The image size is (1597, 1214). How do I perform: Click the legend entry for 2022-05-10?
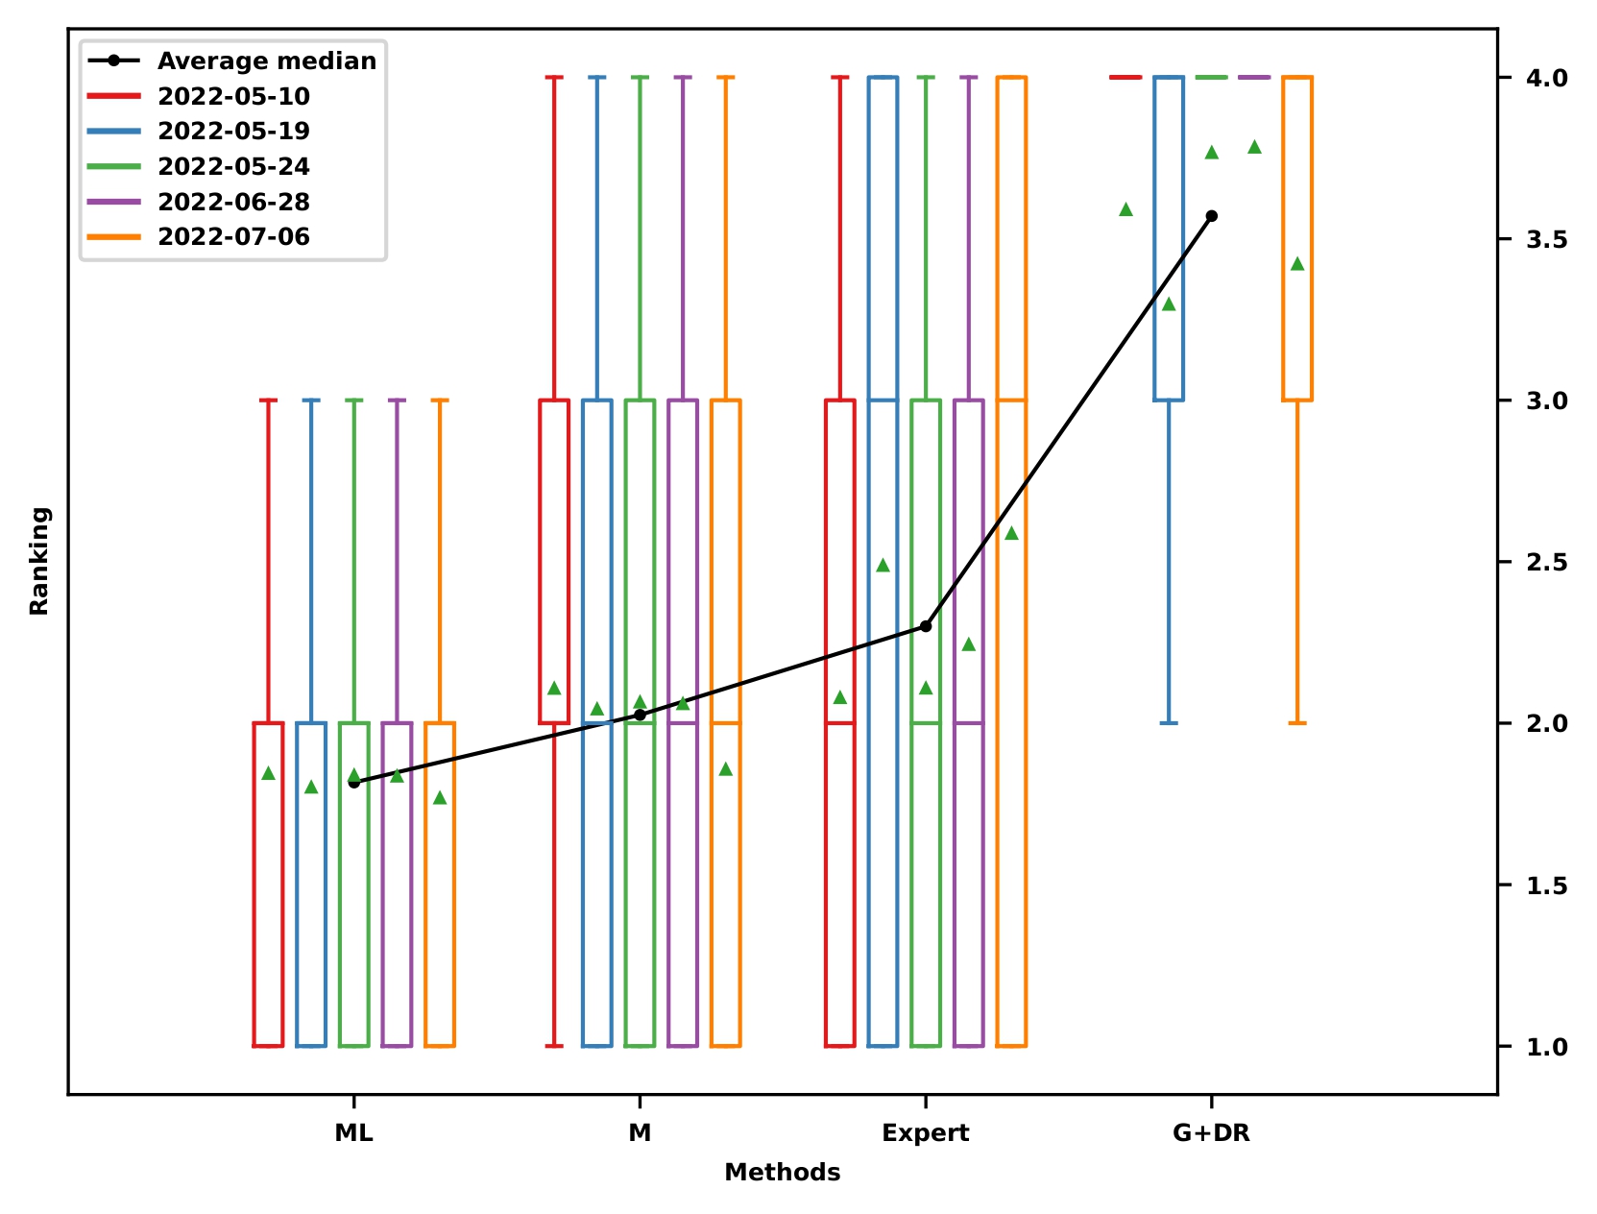coord(233,96)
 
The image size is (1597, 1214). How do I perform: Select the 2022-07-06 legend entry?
coord(233,237)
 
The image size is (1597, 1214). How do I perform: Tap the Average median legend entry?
coord(266,61)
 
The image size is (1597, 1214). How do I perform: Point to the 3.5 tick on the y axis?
coord(1546,239)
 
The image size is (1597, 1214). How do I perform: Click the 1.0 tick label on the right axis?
coord(1546,1046)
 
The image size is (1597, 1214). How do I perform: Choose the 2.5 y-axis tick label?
coord(1546,562)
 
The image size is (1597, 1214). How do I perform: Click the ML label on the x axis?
coord(353,1133)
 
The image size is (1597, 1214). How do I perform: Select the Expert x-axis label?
coord(925,1133)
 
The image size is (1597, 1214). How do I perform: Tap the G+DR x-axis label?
coord(1211,1133)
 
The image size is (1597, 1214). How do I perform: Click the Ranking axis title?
coord(39,561)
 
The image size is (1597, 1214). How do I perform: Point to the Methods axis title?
coord(782,1173)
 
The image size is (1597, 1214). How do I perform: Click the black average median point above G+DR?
coord(1211,216)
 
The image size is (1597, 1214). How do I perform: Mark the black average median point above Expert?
coord(926,626)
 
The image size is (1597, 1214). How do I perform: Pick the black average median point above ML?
coord(353,783)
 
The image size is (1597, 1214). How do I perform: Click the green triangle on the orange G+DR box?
coord(1297,264)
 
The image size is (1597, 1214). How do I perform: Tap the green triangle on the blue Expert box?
coord(883,566)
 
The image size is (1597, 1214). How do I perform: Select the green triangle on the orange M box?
coord(726,769)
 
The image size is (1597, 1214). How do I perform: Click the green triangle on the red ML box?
coord(269,773)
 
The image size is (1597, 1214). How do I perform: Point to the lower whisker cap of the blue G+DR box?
coord(1169,722)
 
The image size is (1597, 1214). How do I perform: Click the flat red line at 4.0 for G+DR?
coord(1125,77)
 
